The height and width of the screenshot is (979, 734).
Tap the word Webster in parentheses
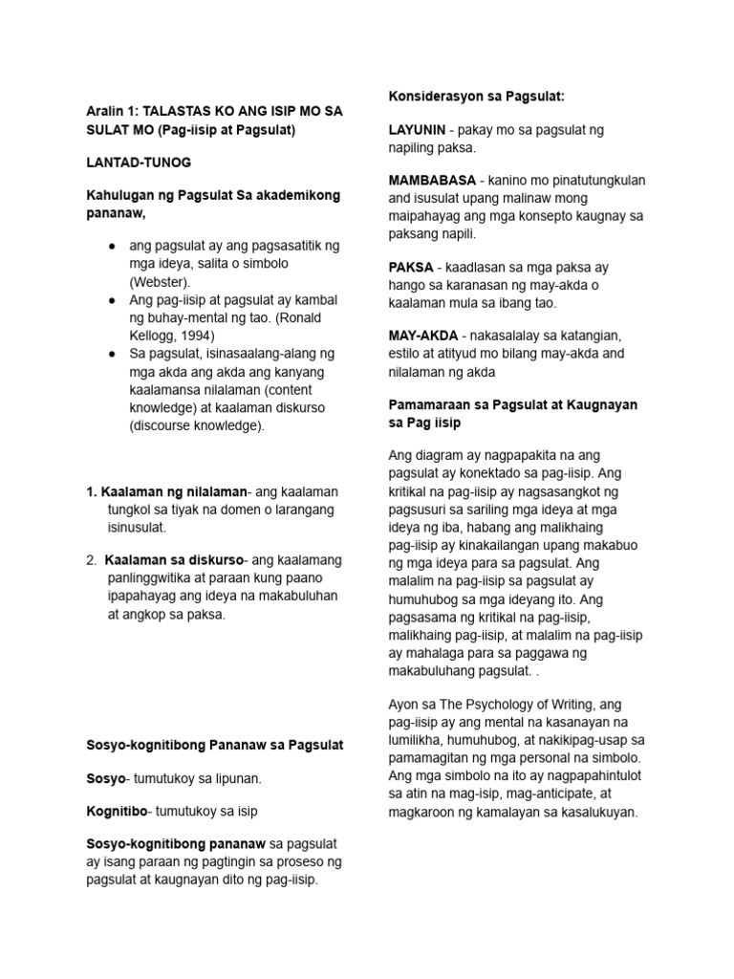[160, 282]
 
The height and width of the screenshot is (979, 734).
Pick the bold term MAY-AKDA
[424, 336]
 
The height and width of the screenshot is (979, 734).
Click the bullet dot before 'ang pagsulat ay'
[112, 247]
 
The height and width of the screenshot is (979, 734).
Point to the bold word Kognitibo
[118, 811]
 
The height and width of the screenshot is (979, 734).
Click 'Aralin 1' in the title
[108, 111]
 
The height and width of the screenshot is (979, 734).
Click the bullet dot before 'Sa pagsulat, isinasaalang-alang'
[112, 354]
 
